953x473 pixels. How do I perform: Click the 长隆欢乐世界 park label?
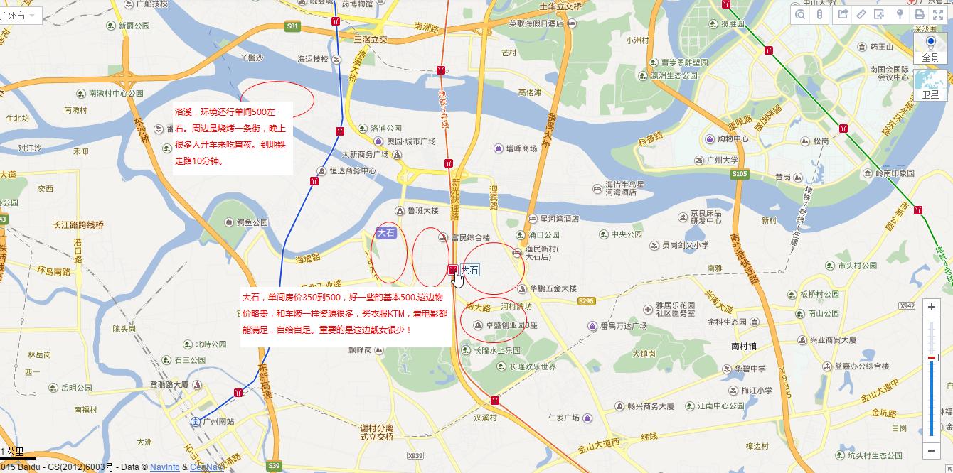(533, 367)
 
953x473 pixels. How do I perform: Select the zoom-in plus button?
(932, 307)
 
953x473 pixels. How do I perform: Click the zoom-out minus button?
(932, 450)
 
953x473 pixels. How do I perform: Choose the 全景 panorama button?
(930, 49)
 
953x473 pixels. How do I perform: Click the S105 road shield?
(740, 174)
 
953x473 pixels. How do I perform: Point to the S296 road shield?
(586, 301)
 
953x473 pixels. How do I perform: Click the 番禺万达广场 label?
(623, 326)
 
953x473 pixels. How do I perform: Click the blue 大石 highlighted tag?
(386, 232)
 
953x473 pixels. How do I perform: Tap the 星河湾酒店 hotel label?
(559, 219)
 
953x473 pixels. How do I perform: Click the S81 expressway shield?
(293, 26)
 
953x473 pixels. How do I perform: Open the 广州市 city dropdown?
(20, 15)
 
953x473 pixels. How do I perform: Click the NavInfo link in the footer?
(164, 467)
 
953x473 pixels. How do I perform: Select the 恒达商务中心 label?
(353, 171)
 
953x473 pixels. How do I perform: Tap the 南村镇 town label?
(743, 346)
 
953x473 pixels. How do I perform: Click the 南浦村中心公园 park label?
(115, 93)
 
